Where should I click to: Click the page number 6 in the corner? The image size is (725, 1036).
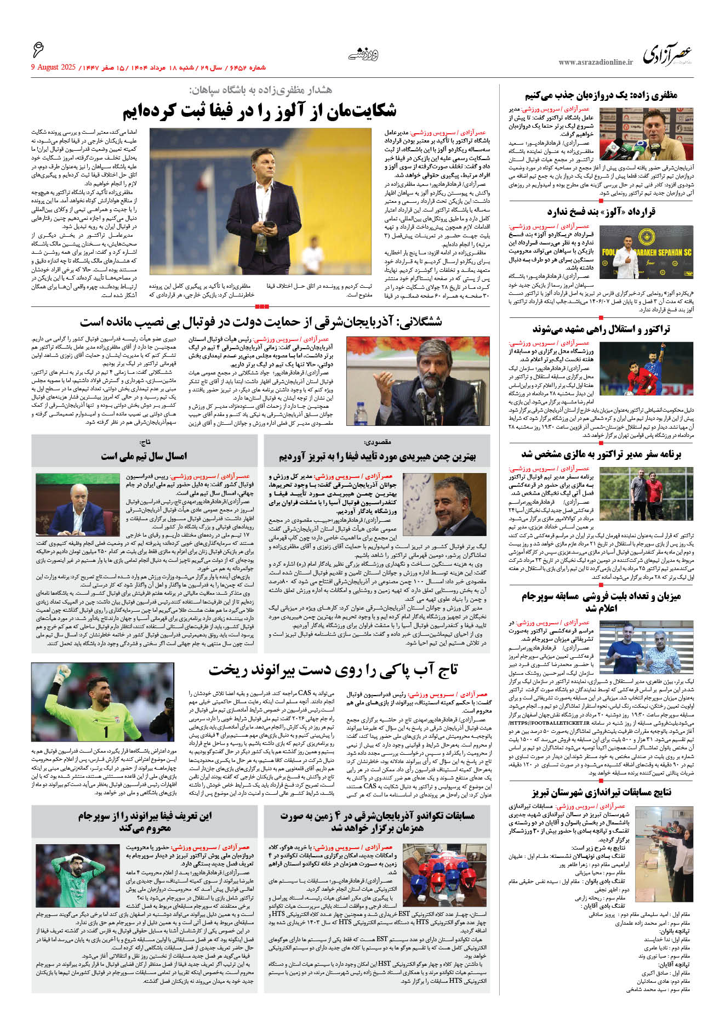point(38,50)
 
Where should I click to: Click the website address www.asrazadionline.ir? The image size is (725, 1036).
point(595,62)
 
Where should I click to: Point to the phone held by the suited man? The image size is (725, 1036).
point(269,224)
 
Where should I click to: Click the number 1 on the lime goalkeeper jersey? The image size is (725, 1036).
point(106,731)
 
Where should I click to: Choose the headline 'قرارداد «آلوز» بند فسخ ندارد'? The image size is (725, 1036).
point(601,212)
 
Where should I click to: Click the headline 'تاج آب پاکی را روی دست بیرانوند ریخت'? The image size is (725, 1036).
point(333,670)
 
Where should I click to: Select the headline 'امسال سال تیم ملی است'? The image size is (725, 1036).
point(144,456)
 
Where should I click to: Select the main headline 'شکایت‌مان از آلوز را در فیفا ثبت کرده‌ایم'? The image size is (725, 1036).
point(259,111)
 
